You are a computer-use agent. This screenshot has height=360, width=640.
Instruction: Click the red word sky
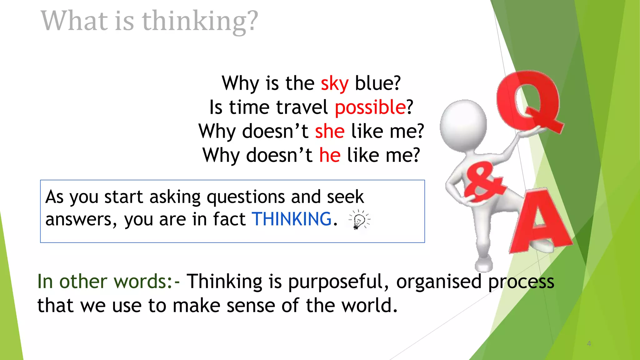tap(334, 84)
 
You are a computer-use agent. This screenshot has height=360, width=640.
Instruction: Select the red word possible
tap(370, 107)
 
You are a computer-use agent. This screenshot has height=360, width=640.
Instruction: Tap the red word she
tap(330, 131)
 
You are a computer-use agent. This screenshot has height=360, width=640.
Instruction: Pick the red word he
tap(330, 155)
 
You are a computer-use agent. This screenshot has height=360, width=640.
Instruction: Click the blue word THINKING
tap(292, 219)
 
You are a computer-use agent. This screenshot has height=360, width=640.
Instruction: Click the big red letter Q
tap(528, 100)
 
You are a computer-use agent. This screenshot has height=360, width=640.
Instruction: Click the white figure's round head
tap(463, 125)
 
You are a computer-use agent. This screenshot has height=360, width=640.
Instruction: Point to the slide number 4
tap(589, 344)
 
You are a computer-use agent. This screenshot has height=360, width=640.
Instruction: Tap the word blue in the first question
tap(377, 83)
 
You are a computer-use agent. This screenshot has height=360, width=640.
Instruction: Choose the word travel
tap(302, 107)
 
